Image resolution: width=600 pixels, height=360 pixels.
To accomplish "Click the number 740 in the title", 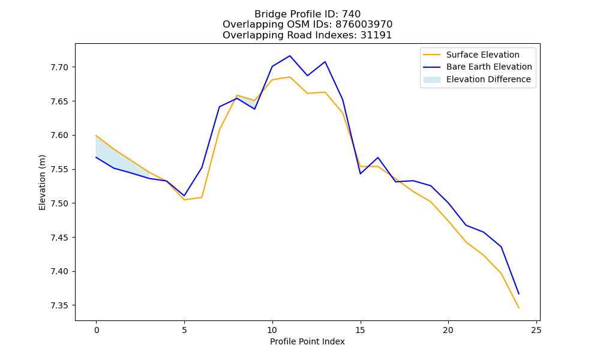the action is pyautogui.click(x=351, y=14).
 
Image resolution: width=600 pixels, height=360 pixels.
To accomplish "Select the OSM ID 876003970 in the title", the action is pyautogui.click(x=364, y=25).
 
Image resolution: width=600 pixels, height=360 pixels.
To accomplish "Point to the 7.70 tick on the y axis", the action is pyautogui.click(x=59, y=67).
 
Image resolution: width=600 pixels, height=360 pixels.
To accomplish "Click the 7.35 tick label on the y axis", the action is pyautogui.click(x=59, y=305).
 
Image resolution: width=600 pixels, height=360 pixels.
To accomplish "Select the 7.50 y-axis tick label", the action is pyautogui.click(x=59, y=203).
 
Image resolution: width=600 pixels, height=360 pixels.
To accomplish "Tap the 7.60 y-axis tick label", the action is pyautogui.click(x=59, y=136).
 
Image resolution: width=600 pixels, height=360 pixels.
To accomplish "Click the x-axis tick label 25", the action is pyautogui.click(x=536, y=330).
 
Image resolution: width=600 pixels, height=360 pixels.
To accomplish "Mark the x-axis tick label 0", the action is pyautogui.click(x=96, y=330).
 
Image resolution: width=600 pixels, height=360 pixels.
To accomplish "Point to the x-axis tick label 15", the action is pyautogui.click(x=360, y=330).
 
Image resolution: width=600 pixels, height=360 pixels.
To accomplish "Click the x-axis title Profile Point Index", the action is pyautogui.click(x=307, y=341).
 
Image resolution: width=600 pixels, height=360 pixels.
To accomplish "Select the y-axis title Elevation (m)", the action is pyautogui.click(x=42, y=182).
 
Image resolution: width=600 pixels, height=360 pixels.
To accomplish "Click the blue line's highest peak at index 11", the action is pyautogui.click(x=290, y=56).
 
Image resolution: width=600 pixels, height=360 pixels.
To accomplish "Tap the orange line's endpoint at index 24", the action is pyautogui.click(x=519, y=308).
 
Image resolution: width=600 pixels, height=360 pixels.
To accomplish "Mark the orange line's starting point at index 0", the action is pyautogui.click(x=96, y=136).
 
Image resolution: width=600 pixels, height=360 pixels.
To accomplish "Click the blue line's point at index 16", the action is pyautogui.click(x=377, y=158).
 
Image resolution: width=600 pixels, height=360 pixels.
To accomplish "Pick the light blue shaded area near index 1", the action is pyautogui.click(x=113, y=158).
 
